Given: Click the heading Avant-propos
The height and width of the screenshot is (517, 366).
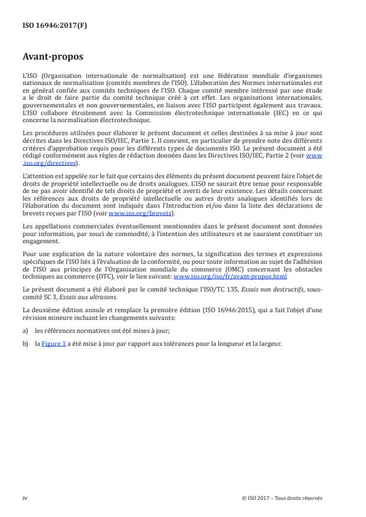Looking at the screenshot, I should click(53, 58).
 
